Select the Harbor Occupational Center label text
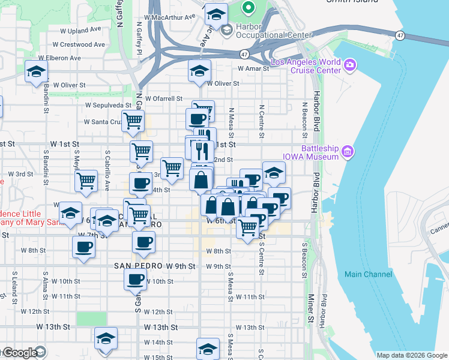pyautogui.click(x=266, y=31)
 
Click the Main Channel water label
pyautogui.click(x=368, y=274)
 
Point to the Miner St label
pyautogui.click(x=311, y=308)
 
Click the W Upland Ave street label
pyautogui.click(x=82, y=30)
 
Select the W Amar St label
pyautogui.click(x=255, y=69)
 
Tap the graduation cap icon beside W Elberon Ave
pyautogui.click(x=37, y=73)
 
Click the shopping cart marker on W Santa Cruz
pyautogui.click(x=133, y=121)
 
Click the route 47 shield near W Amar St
pyautogui.click(x=244, y=54)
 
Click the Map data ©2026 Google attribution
pyautogui.click(x=411, y=355)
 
